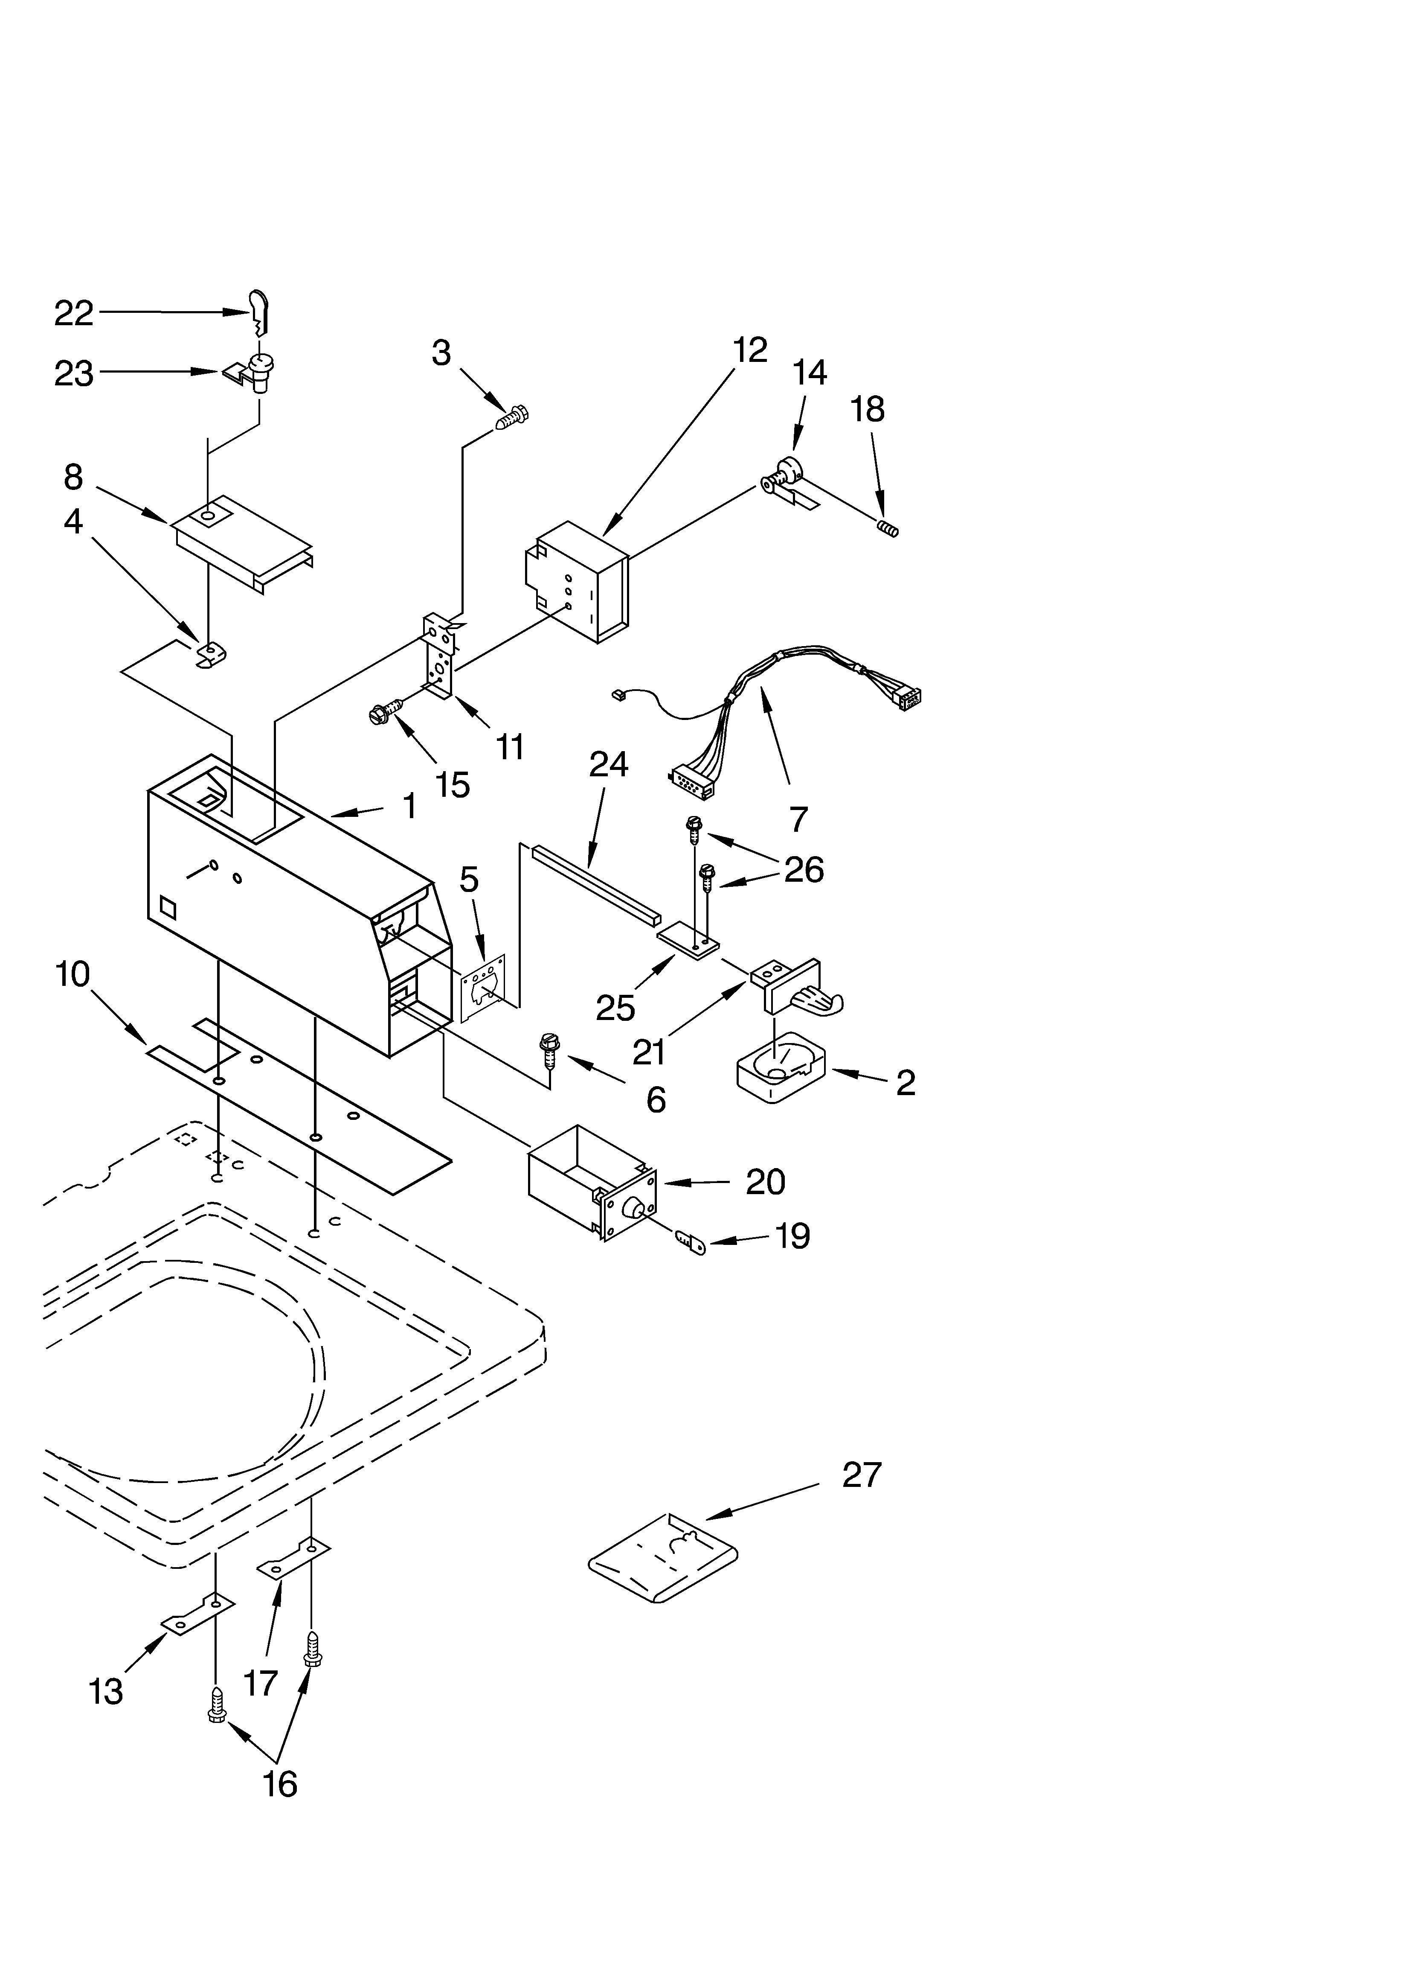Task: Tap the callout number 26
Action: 804,869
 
